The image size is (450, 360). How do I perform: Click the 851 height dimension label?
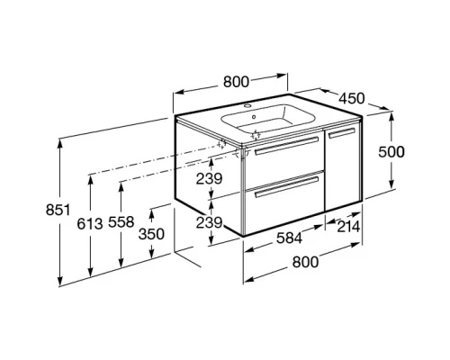58,210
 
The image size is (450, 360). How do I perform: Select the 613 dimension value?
90,223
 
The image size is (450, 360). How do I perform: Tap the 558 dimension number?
121,222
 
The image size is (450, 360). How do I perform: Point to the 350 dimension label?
151,234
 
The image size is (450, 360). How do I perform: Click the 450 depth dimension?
352,98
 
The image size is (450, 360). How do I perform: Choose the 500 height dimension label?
391,152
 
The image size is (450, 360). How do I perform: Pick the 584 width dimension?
289,238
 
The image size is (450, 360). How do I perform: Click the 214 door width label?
348,227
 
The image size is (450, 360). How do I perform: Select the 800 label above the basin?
236,82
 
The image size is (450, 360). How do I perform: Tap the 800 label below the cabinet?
305,262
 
